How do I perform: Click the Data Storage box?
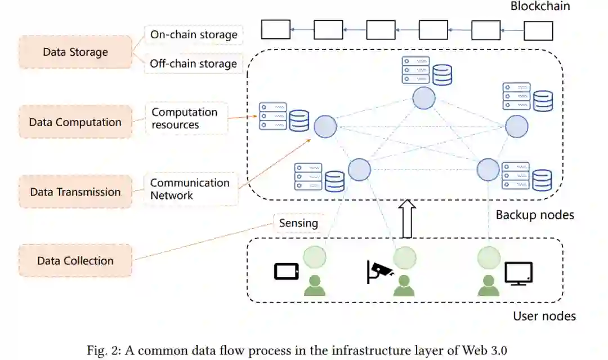pos(75,52)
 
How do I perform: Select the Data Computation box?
pos(75,122)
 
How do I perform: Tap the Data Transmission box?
pos(75,192)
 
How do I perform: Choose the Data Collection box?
pos(75,261)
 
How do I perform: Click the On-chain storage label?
pos(194,35)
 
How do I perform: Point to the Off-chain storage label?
pos(194,64)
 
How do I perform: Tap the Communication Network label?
pos(190,189)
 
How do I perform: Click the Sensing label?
pos(298,223)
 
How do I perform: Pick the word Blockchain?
pos(540,7)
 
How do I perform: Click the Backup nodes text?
pos(535,215)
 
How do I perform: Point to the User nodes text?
pos(544,316)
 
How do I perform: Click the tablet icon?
pos(286,272)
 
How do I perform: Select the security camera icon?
pos(380,271)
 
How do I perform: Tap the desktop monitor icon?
pos(518,273)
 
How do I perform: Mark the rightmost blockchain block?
pos(538,30)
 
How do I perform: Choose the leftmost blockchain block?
pos(276,29)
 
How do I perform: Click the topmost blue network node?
pos(424,98)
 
